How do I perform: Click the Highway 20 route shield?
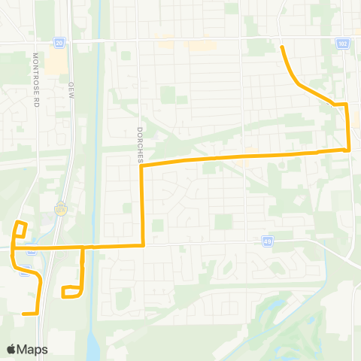click(59, 44)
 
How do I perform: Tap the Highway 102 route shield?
click(343, 44)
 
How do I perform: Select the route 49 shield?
click(268, 241)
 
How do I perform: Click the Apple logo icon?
click(11, 349)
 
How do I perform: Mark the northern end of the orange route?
click(282, 47)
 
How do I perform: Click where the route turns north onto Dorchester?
click(143, 245)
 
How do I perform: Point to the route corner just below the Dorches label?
click(143, 165)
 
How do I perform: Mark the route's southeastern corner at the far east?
click(350, 150)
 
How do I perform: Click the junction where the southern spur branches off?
click(82, 247)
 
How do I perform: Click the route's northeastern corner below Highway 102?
click(345, 104)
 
